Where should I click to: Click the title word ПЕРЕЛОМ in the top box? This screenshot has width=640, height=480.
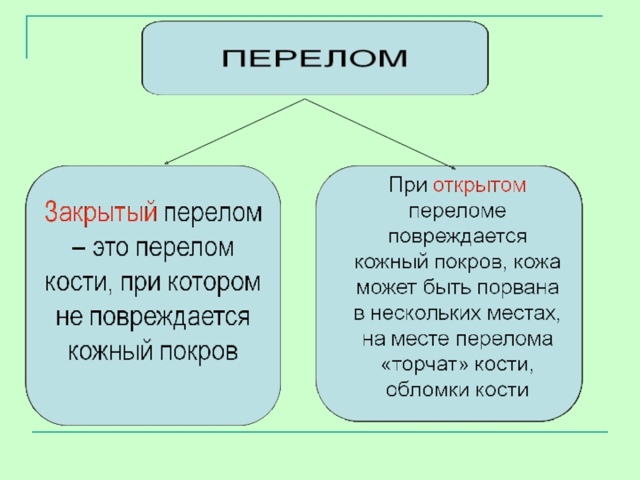click(x=314, y=58)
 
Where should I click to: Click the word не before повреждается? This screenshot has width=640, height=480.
click(x=69, y=317)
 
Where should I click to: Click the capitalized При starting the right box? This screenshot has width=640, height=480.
click(x=408, y=186)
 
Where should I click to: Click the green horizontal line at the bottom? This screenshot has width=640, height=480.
click(x=320, y=433)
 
